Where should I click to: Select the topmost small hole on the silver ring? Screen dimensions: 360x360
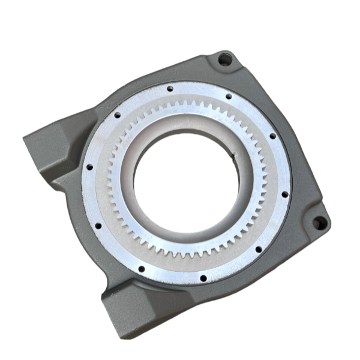pyautogui.click(x=170, y=88)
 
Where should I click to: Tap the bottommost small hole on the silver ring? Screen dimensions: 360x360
pyautogui.click(x=203, y=278)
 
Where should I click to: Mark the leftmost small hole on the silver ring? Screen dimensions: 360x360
pyautogui.click(x=88, y=168)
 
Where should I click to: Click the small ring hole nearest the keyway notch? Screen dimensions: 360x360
pyautogui.click(x=272, y=136)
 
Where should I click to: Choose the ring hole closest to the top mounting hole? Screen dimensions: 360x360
pyautogui.click(x=229, y=95)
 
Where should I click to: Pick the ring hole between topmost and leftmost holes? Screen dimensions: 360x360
pyautogui.click(x=118, y=115)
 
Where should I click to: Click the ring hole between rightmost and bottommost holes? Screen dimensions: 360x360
pyautogui.click(x=258, y=249)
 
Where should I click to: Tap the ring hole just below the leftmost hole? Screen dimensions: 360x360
pyautogui.click(x=98, y=226)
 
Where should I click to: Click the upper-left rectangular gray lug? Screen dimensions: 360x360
pyautogui.click(x=48, y=150)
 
